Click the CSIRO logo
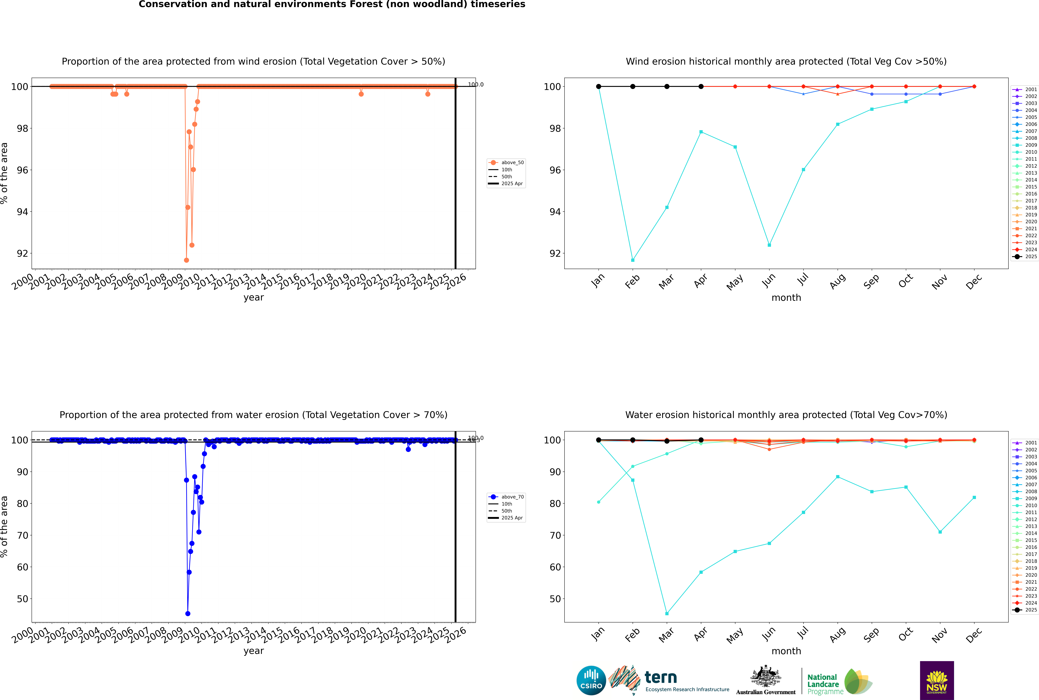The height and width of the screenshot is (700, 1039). (591, 680)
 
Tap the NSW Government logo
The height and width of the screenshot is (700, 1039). (937, 680)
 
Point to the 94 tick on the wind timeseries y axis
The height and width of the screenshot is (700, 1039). (22, 212)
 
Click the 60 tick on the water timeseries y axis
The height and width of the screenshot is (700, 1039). (22, 567)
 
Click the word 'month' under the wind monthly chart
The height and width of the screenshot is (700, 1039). (786, 298)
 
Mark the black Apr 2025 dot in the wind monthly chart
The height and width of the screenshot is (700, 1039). (701, 87)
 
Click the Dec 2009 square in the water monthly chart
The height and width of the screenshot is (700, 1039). (974, 497)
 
